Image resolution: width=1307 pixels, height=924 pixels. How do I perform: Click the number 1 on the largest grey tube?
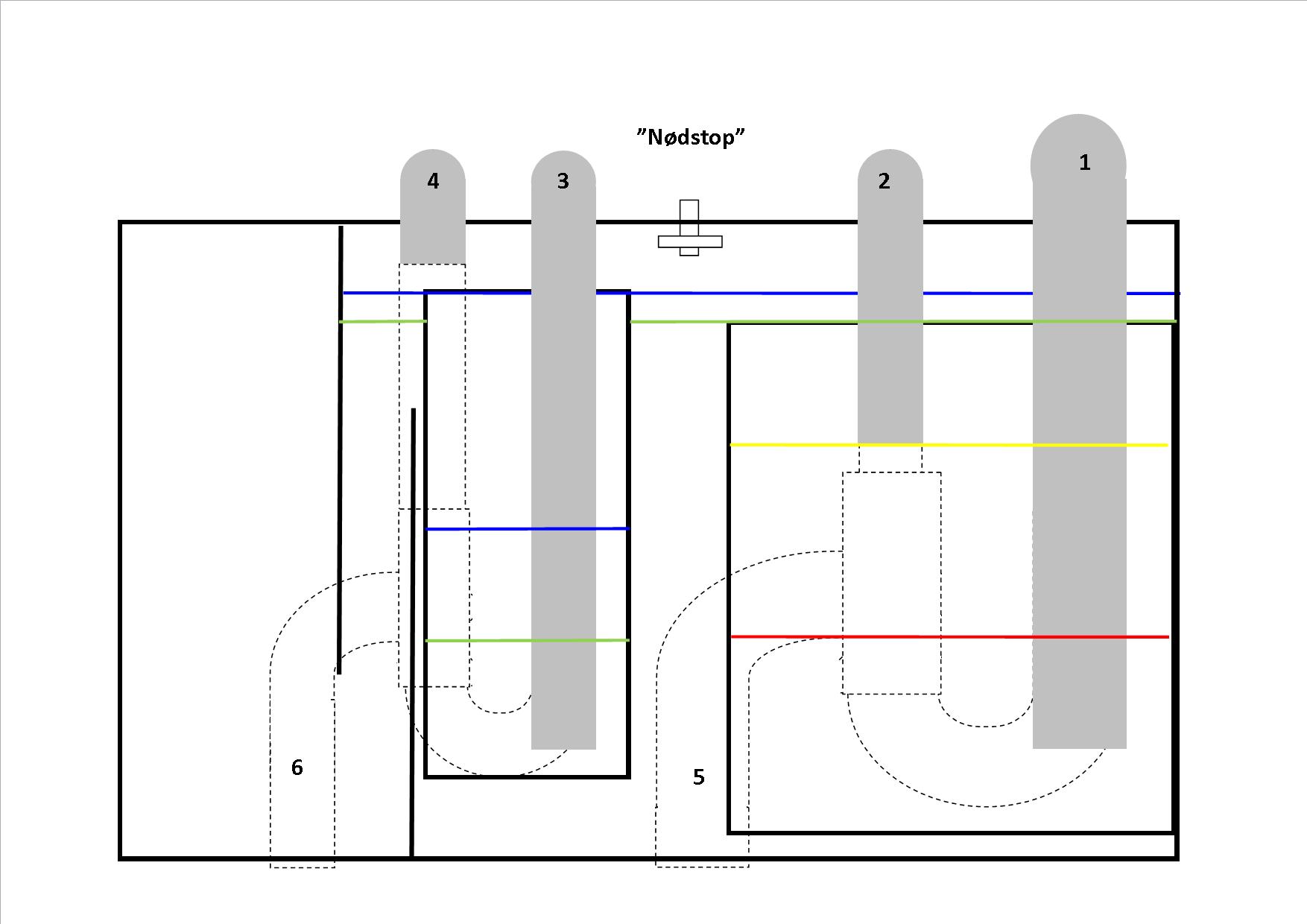pyautogui.click(x=1084, y=162)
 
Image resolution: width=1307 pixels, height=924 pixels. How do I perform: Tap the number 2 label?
pyautogui.click(x=884, y=181)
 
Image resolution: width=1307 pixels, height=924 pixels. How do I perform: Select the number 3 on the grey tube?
pyautogui.click(x=563, y=181)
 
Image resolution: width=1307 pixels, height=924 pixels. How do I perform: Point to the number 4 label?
pyautogui.click(x=433, y=181)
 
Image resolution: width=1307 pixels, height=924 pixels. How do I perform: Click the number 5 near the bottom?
pyautogui.click(x=698, y=777)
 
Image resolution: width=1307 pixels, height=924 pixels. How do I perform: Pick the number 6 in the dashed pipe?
pyautogui.click(x=297, y=768)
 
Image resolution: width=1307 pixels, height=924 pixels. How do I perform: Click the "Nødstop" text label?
pyautogui.click(x=691, y=137)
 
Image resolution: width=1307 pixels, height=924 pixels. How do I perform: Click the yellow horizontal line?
pyautogui.click(x=969, y=445)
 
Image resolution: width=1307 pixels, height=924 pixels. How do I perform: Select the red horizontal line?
pyautogui.click(x=969, y=637)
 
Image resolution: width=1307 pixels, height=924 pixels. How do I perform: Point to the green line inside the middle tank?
pyautogui.click(x=484, y=640)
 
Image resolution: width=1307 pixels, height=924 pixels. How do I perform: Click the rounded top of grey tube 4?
pyautogui.click(x=433, y=160)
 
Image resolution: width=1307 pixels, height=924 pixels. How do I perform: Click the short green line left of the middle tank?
pyautogui.click(x=383, y=321)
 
